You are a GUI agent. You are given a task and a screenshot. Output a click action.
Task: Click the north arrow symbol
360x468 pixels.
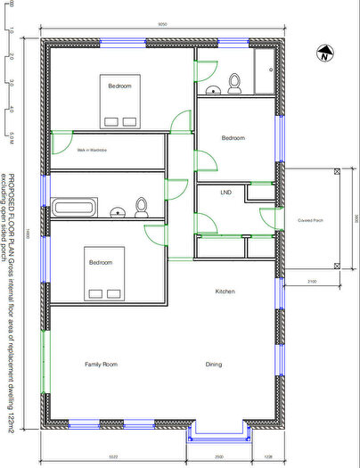click(x=323, y=54)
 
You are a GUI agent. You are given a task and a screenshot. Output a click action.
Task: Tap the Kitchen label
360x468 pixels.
click(x=225, y=291)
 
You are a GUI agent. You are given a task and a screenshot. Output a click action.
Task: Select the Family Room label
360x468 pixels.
click(x=101, y=364)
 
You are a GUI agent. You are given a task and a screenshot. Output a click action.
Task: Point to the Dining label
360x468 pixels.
click(x=214, y=364)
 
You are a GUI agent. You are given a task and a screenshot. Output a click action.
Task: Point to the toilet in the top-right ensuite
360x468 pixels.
click(x=234, y=83)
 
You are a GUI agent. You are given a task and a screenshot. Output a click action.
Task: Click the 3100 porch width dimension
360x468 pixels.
click(x=311, y=281)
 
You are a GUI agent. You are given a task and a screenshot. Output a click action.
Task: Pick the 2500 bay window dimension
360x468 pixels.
click(x=220, y=456)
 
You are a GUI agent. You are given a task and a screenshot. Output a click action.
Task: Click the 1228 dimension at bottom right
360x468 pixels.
click(x=270, y=456)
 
